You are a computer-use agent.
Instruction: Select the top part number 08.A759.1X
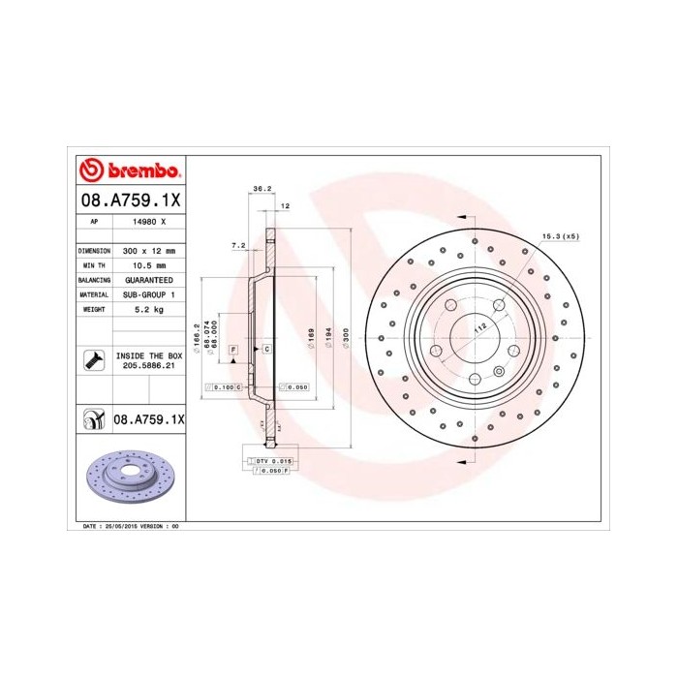pos(128,200)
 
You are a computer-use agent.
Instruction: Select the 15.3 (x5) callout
pos(560,236)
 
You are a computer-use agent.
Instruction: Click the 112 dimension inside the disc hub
pos(478,329)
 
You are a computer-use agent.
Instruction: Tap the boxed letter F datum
pos(232,347)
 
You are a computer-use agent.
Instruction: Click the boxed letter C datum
pos(265,347)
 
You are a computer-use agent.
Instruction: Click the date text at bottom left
pos(128,526)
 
